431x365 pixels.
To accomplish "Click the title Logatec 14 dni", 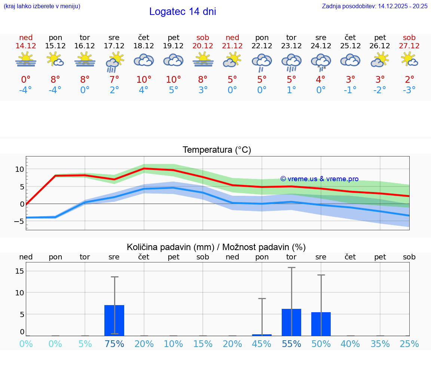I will (x=183, y=12).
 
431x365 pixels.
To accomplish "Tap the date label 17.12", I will (x=114, y=46).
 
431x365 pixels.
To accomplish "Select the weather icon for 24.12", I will (x=321, y=61).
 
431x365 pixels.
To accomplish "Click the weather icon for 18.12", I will (x=144, y=60).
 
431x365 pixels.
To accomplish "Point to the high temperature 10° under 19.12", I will (x=173, y=80).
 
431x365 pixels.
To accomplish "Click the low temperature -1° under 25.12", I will (x=350, y=90).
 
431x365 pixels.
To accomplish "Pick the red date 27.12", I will (x=409, y=46).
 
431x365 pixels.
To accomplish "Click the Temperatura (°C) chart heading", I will (x=217, y=150).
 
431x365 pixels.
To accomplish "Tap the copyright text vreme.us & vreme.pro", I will (x=319, y=179).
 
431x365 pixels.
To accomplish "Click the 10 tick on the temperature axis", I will (x=19, y=169).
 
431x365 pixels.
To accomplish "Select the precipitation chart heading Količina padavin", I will (x=216, y=247).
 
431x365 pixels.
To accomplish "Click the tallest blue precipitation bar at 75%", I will (x=114, y=320).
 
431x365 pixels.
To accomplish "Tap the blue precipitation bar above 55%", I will (x=291, y=322).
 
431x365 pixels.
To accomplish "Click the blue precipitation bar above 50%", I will (x=321, y=324).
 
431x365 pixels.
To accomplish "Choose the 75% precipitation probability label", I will (x=114, y=344).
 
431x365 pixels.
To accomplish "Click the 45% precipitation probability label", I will (x=262, y=344).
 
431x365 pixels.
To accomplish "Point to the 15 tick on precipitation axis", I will (x=19, y=271).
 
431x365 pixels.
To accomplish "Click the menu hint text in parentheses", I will (x=42, y=6).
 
